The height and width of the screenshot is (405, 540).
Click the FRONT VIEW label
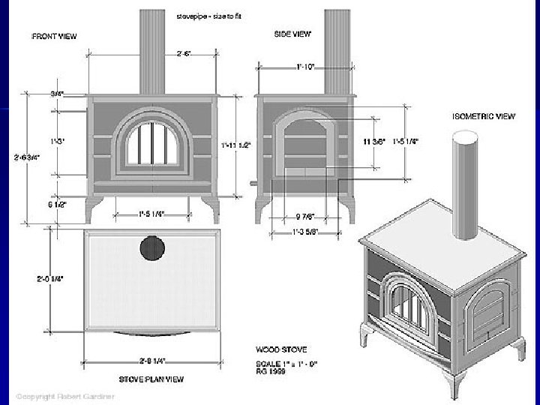click(x=54, y=35)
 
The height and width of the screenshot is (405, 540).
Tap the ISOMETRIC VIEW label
click(x=484, y=116)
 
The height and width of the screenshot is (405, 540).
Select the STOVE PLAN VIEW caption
click(x=148, y=378)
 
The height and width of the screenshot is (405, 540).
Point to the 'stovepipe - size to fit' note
click(x=208, y=15)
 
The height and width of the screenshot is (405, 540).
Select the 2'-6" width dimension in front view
click(x=182, y=53)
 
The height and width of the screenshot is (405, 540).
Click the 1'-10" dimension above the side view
click(x=304, y=67)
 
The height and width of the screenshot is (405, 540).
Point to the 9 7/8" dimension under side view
click(x=304, y=218)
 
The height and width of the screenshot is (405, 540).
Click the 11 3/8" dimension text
click(x=373, y=142)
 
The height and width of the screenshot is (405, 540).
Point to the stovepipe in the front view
click(x=152, y=52)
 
